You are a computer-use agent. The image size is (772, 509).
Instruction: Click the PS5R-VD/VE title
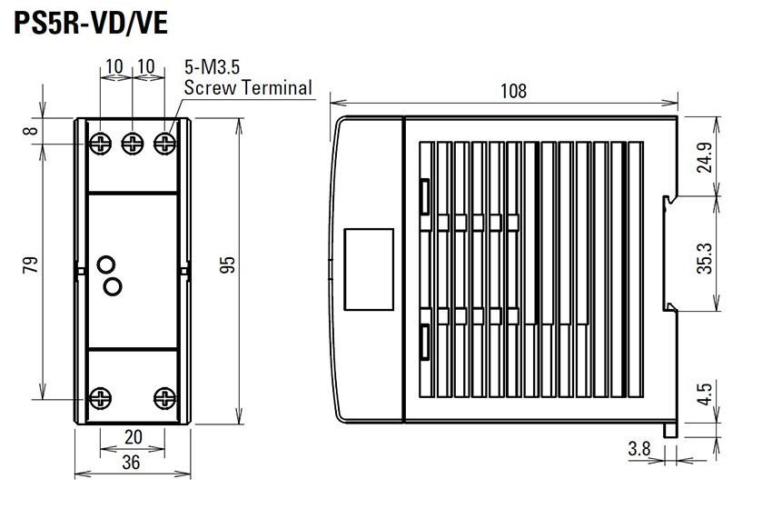pyautogui.click(x=91, y=23)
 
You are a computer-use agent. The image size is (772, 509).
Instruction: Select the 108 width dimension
pyautogui.click(x=513, y=91)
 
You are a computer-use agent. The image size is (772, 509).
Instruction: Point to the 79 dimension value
pyautogui.click(x=31, y=264)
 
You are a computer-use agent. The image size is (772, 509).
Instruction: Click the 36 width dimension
pyautogui.click(x=131, y=462)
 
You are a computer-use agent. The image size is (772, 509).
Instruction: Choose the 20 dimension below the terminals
pyautogui.click(x=133, y=436)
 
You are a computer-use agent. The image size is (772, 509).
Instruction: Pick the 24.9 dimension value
pyautogui.click(x=705, y=157)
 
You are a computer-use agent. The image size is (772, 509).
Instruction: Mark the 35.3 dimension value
pyautogui.click(x=705, y=258)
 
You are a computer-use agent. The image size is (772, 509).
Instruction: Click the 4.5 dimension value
pyautogui.click(x=705, y=394)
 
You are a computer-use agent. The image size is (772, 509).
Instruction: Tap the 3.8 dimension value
pyautogui.click(x=639, y=449)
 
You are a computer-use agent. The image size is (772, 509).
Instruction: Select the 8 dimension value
pyautogui.click(x=31, y=131)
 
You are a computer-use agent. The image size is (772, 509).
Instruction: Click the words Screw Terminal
pyautogui.click(x=248, y=87)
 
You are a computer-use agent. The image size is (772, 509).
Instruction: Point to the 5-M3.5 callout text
pyautogui.click(x=213, y=66)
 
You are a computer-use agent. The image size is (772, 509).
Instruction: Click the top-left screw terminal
pyautogui.click(x=101, y=144)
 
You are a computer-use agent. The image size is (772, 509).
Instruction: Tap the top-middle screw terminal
pyautogui.click(x=133, y=144)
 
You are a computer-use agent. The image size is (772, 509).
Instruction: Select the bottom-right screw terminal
pyautogui.click(x=164, y=398)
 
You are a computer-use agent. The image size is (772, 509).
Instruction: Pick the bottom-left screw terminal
pyautogui.click(x=101, y=398)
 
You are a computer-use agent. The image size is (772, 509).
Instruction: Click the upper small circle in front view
pyautogui.click(x=106, y=264)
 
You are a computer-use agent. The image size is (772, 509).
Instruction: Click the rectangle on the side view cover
pyautogui.click(x=369, y=270)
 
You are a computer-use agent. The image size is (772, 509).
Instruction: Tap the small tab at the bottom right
pyautogui.click(x=669, y=430)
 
